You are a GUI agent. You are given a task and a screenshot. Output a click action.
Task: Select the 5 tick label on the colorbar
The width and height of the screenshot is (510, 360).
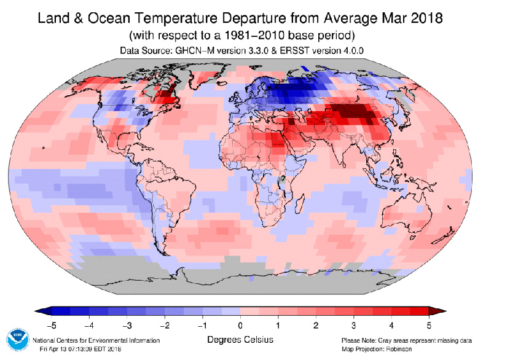pos(429,324)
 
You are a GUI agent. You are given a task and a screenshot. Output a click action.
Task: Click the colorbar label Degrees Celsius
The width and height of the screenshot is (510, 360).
pos(240,340)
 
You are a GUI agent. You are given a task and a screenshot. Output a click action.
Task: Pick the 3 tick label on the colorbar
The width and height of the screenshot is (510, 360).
pos(353,324)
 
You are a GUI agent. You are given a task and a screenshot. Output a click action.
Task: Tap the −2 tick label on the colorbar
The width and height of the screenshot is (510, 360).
pos(165,324)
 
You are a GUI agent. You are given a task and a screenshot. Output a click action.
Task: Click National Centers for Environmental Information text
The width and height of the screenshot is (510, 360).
pos(96,340)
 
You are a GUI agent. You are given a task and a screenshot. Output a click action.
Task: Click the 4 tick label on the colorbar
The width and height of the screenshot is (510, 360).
pos(391,324)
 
